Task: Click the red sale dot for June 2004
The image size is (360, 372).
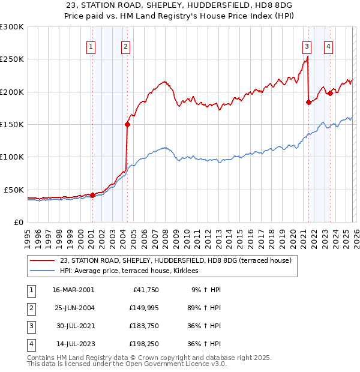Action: (x=127, y=125)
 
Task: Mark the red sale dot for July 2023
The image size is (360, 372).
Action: (x=329, y=93)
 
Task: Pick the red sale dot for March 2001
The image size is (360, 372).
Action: (x=92, y=195)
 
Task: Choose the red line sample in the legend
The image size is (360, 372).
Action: (x=43, y=260)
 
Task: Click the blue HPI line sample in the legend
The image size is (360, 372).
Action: (x=43, y=271)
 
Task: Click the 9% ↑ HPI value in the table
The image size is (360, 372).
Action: (x=205, y=290)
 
